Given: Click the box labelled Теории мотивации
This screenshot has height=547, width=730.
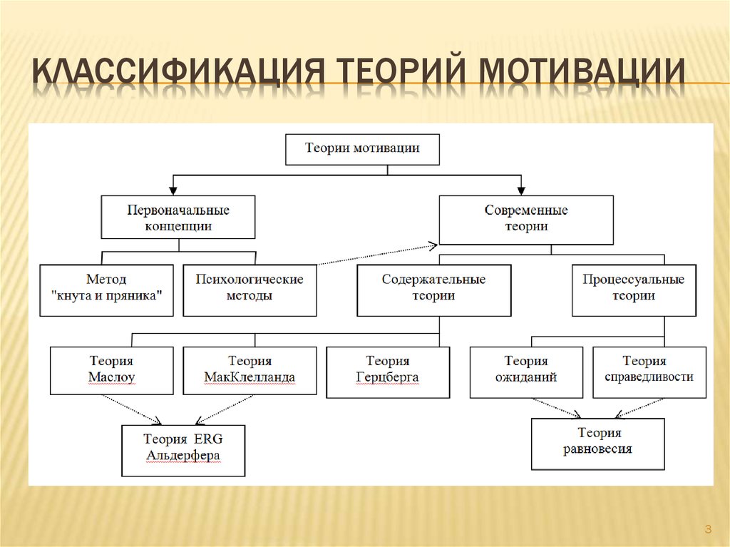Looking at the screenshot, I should [x=362, y=149].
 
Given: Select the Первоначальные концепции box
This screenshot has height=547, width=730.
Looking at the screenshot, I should [x=178, y=218].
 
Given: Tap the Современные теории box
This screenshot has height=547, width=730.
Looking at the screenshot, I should [x=526, y=218].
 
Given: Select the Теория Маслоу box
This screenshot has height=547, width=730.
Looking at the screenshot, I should [x=112, y=369].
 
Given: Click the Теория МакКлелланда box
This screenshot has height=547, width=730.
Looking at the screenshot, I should [x=250, y=369].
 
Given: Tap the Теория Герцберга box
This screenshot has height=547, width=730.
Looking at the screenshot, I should [x=388, y=371].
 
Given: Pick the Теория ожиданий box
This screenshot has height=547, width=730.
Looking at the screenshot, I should [x=526, y=371].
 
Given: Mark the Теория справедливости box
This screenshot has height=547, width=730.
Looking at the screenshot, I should [x=649, y=371].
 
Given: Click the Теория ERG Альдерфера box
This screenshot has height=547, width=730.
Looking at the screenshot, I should [x=183, y=449].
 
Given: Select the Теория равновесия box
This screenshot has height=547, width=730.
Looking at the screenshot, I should [x=597, y=443].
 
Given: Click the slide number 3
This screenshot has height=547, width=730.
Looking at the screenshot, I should [x=707, y=529].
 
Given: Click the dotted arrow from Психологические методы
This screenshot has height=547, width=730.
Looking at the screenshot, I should [x=376, y=255].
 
